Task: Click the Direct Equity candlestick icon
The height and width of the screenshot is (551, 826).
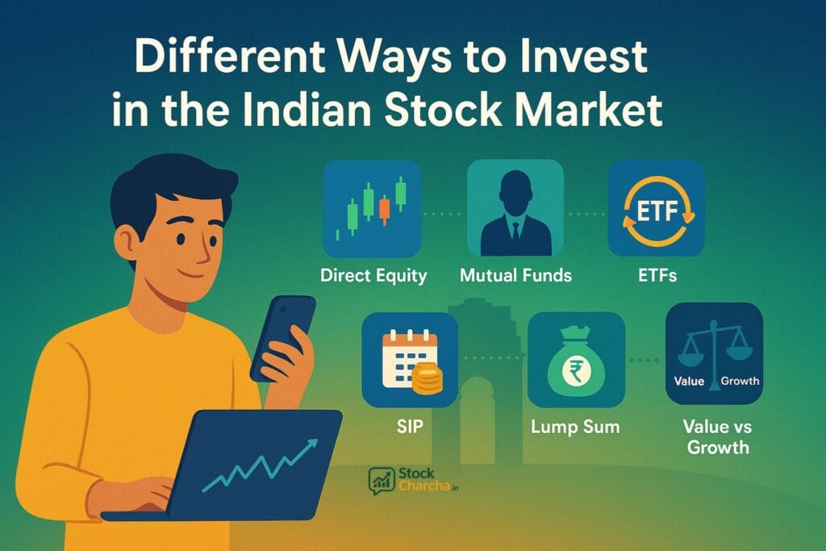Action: click(x=372, y=208)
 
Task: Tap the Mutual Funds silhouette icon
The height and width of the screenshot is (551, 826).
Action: click(x=515, y=208)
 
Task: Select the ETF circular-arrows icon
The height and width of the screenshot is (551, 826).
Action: click(x=656, y=208)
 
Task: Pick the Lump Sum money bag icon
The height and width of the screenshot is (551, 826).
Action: click(x=576, y=359)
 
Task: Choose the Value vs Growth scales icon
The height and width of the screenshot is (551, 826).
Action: click(x=714, y=353)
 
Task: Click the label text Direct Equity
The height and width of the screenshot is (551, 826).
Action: click(x=373, y=275)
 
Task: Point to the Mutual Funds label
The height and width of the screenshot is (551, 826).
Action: click(x=515, y=275)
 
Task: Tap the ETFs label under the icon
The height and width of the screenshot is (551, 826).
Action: click(x=656, y=275)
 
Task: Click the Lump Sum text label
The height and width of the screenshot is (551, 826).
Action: click(x=576, y=427)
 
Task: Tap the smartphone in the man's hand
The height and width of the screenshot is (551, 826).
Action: click(x=282, y=336)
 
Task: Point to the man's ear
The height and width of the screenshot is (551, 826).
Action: click(x=127, y=240)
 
